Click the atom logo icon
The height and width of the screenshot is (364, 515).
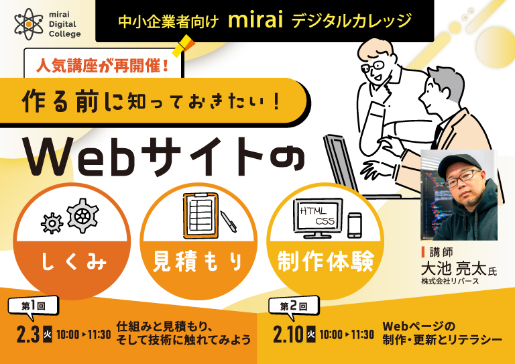[29, 23]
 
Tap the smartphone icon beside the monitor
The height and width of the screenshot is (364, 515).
[355, 225]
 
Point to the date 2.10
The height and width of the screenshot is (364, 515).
[289, 334]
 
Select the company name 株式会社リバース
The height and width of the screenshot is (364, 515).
[450, 282]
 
